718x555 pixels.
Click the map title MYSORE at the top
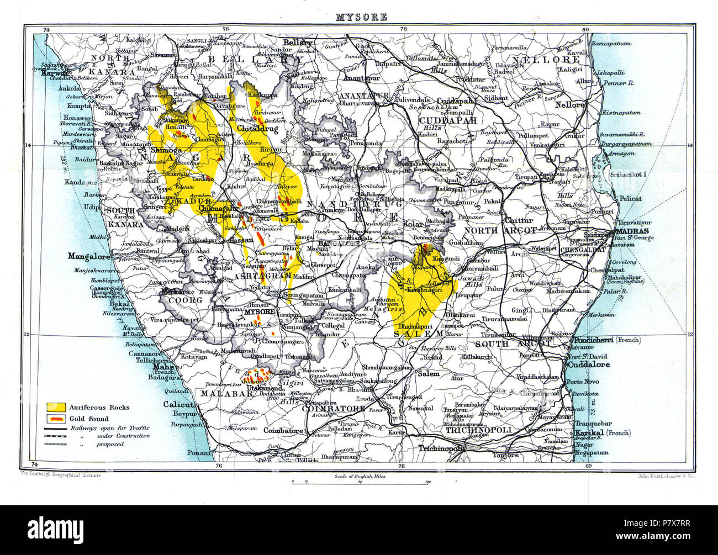(x=361, y=17)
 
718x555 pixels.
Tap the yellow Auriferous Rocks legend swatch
(x=56, y=408)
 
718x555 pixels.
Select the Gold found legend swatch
(x=56, y=419)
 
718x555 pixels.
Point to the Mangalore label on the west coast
(x=87, y=256)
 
